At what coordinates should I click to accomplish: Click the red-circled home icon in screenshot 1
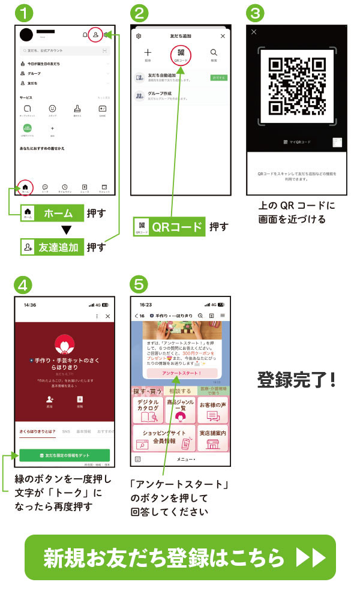click(x=25, y=187)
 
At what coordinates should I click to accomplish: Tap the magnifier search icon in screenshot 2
click(x=213, y=54)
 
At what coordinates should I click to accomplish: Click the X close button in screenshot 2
click(x=223, y=36)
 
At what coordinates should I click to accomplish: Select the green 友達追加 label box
click(x=52, y=247)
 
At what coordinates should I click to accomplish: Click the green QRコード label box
click(x=169, y=227)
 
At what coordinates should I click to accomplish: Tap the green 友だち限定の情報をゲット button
click(x=63, y=455)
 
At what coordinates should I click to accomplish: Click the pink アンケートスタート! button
click(x=182, y=373)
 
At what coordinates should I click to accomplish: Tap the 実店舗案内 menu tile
click(x=214, y=439)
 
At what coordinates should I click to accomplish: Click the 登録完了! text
click(x=296, y=379)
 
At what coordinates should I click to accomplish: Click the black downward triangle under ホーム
click(x=67, y=230)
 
